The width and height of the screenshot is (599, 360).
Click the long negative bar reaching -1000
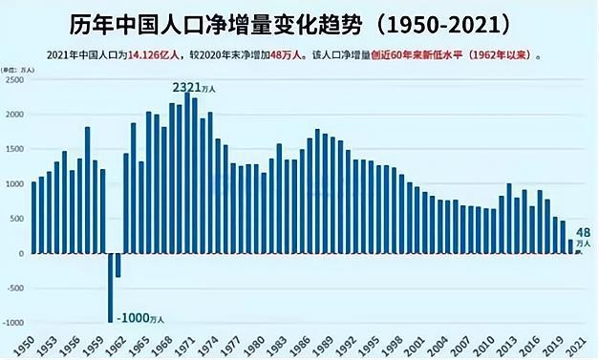click(x=110, y=287)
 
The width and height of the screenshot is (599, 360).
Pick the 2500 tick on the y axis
click(x=14, y=79)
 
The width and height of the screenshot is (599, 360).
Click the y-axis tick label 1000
click(x=14, y=183)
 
